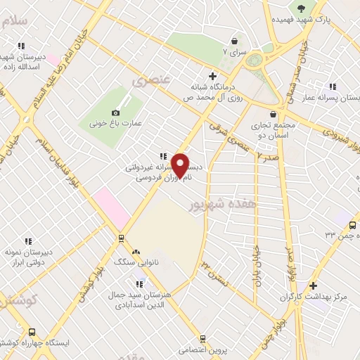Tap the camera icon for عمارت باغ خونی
pos(116,112)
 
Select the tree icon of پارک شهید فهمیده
pos(302,9)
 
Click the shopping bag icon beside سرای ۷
pos(233,41)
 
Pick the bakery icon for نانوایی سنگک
pos(136,251)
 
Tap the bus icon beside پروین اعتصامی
pos(202,337)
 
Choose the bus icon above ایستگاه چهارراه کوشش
pos(31,331)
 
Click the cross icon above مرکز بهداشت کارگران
pos(313,285)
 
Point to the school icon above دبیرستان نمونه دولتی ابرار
pos(28,241)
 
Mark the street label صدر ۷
pos(269,159)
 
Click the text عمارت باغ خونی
pos(117,124)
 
